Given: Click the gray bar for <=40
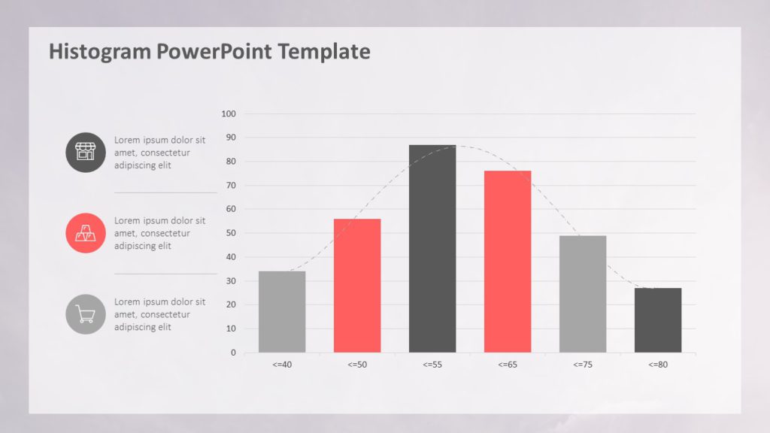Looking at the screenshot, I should point(282,311).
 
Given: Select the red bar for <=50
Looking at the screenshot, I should point(357,286).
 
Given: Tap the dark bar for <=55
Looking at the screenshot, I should point(432,249).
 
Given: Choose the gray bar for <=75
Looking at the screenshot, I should point(583,294).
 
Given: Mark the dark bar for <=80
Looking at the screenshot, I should point(658,320).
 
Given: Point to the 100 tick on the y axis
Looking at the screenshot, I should point(229,114).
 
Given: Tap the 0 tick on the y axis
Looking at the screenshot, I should point(232,353).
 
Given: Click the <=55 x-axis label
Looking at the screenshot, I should point(432,365).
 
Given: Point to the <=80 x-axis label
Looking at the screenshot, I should point(658,365).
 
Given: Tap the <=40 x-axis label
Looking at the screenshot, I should point(282,365).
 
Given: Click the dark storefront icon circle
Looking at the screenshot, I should point(86,152).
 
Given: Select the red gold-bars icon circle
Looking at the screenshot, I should point(86,233).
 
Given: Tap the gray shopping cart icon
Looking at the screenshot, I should point(86,314).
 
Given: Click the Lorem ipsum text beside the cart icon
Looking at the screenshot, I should point(159,314).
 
